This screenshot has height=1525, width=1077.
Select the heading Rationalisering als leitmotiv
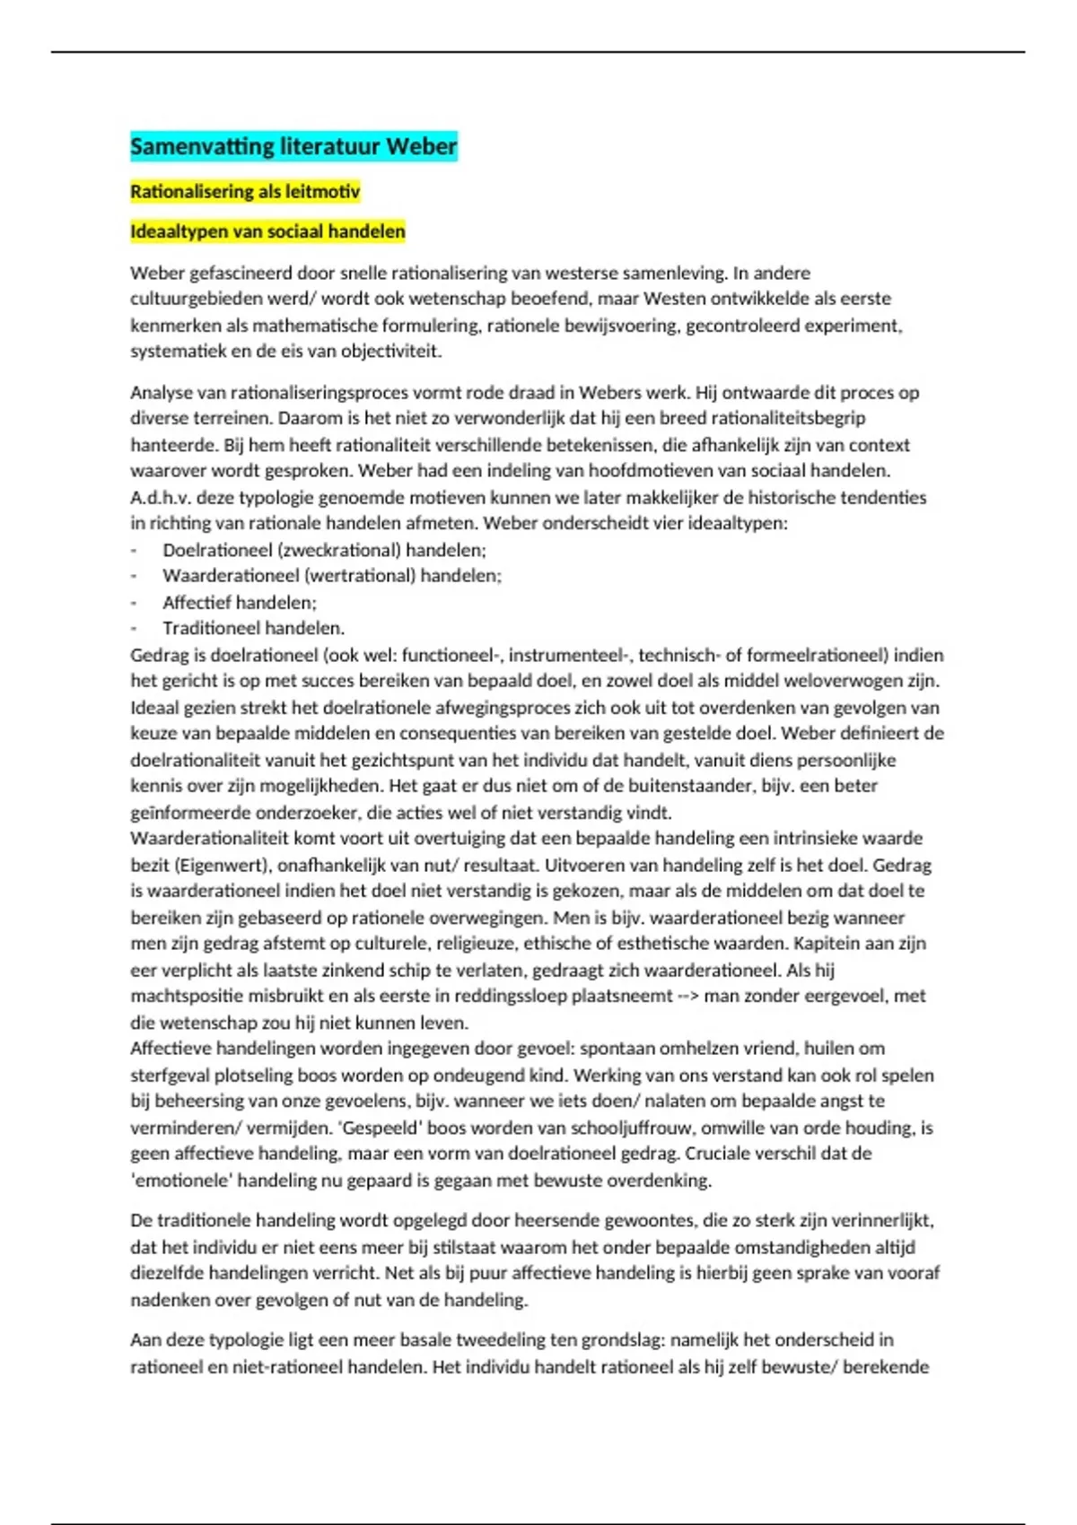(245, 191)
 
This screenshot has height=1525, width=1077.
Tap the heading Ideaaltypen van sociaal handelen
(267, 231)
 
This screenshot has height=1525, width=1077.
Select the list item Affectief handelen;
(240, 603)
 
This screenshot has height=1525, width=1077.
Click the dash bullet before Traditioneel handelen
(135, 629)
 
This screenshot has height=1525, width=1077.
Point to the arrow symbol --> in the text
(687, 996)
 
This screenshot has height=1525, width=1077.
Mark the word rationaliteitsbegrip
(787, 418)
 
